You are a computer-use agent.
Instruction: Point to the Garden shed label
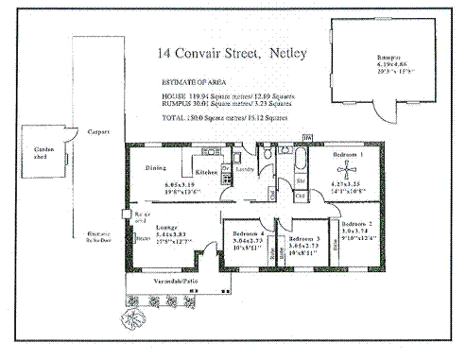[x=45, y=153]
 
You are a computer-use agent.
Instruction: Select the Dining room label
[x=156, y=168]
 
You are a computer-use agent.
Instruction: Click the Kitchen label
[x=207, y=173]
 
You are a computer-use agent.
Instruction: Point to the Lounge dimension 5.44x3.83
[x=174, y=236]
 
